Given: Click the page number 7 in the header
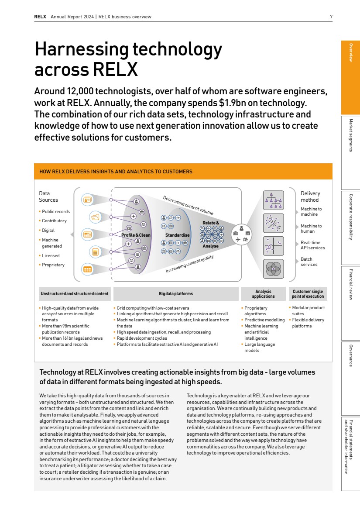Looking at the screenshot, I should pos(331,17).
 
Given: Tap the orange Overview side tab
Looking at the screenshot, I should pos(350,52).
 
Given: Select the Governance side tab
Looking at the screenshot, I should pos(350,355).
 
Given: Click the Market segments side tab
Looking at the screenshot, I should pos(350,135).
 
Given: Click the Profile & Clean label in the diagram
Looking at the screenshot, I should pos(136,235).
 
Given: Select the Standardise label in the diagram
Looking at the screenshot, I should pos(177,235).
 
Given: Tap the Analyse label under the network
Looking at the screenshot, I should pos(210,246).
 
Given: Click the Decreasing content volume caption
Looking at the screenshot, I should pos(188,205).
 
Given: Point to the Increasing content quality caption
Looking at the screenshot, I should pos(189,264).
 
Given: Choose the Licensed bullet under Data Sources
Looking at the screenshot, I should pos(51,255).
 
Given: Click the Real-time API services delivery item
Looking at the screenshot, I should pos(312,245).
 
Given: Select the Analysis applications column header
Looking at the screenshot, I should pos(263,294).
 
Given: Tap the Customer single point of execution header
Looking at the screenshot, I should pos(308,294).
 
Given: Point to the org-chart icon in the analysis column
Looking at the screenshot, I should pos(274,200).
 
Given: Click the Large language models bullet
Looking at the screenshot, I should pos(259,347).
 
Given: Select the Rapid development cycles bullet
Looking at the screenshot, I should pos(142,338).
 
